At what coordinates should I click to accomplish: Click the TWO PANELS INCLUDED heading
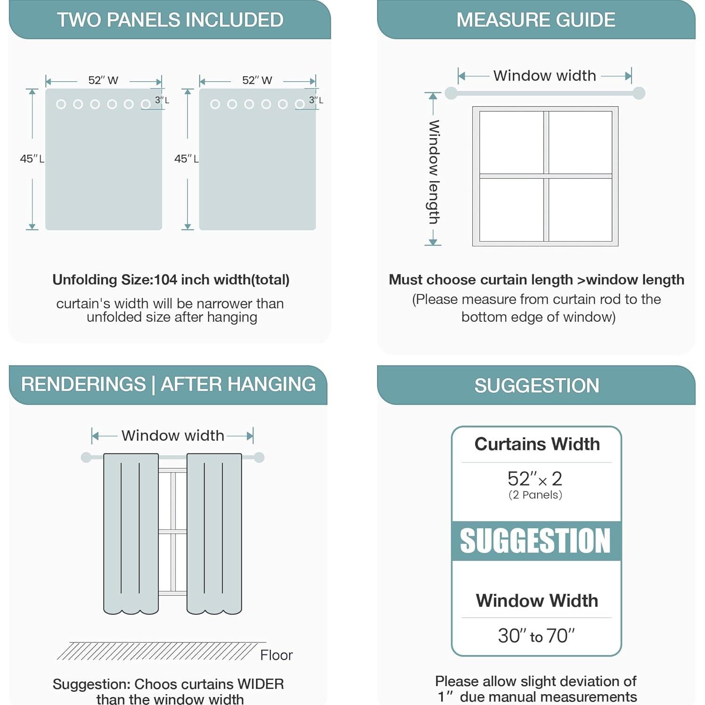[x=170, y=20]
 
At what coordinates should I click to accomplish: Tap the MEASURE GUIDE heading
[x=536, y=20]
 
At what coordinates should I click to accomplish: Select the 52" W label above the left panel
[x=103, y=80]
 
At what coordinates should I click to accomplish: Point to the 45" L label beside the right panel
[x=186, y=159]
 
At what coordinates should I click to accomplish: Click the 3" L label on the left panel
[x=162, y=100]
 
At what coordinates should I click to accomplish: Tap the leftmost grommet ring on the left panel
[x=61, y=104]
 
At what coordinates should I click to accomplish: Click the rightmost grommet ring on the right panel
[x=300, y=104]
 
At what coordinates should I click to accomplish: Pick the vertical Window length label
[x=434, y=172]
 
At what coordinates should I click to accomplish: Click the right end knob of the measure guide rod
[x=639, y=93]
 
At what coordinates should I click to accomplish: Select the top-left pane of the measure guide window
[x=511, y=143]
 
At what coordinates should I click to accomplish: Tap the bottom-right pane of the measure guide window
[x=580, y=210]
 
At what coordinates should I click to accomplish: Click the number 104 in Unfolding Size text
[x=165, y=279]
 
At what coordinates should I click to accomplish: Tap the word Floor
[x=276, y=655]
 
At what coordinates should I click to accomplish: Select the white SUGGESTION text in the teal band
[x=535, y=541]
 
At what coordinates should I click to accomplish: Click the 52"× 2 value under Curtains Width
[x=535, y=479]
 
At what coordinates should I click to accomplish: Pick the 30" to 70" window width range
[x=536, y=636]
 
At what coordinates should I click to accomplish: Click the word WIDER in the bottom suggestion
[x=261, y=684]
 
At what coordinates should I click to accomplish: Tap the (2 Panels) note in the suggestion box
[x=535, y=495]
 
